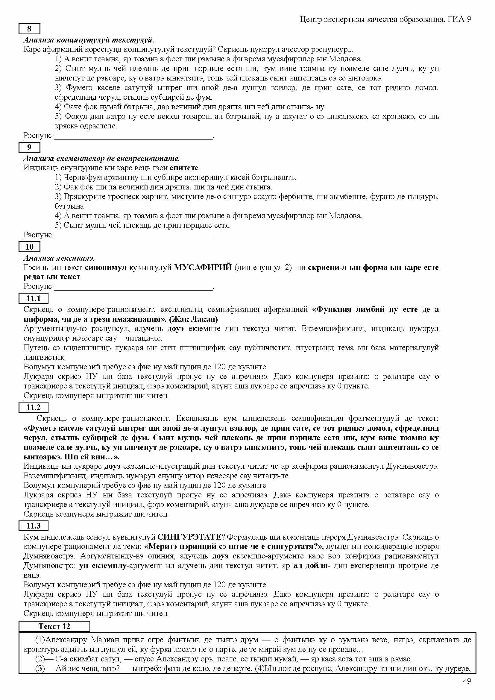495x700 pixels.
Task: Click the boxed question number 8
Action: point(29,29)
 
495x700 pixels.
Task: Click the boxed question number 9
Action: point(29,147)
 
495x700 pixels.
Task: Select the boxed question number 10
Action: point(29,247)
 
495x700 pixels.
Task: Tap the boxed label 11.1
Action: point(34,298)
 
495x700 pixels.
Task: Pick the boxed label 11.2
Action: point(34,407)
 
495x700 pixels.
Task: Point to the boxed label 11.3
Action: point(34,526)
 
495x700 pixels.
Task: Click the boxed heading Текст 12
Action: point(54,626)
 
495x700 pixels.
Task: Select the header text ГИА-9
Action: point(460,19)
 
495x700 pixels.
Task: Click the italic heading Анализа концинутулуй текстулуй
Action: point(89,40)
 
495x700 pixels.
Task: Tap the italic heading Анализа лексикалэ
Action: point(59,258)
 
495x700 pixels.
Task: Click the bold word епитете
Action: point(184,168)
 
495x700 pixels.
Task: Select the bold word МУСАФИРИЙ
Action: point(203,267)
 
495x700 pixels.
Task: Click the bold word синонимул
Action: point(105,267)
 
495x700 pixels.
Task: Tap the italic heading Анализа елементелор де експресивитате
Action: point(101,159)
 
